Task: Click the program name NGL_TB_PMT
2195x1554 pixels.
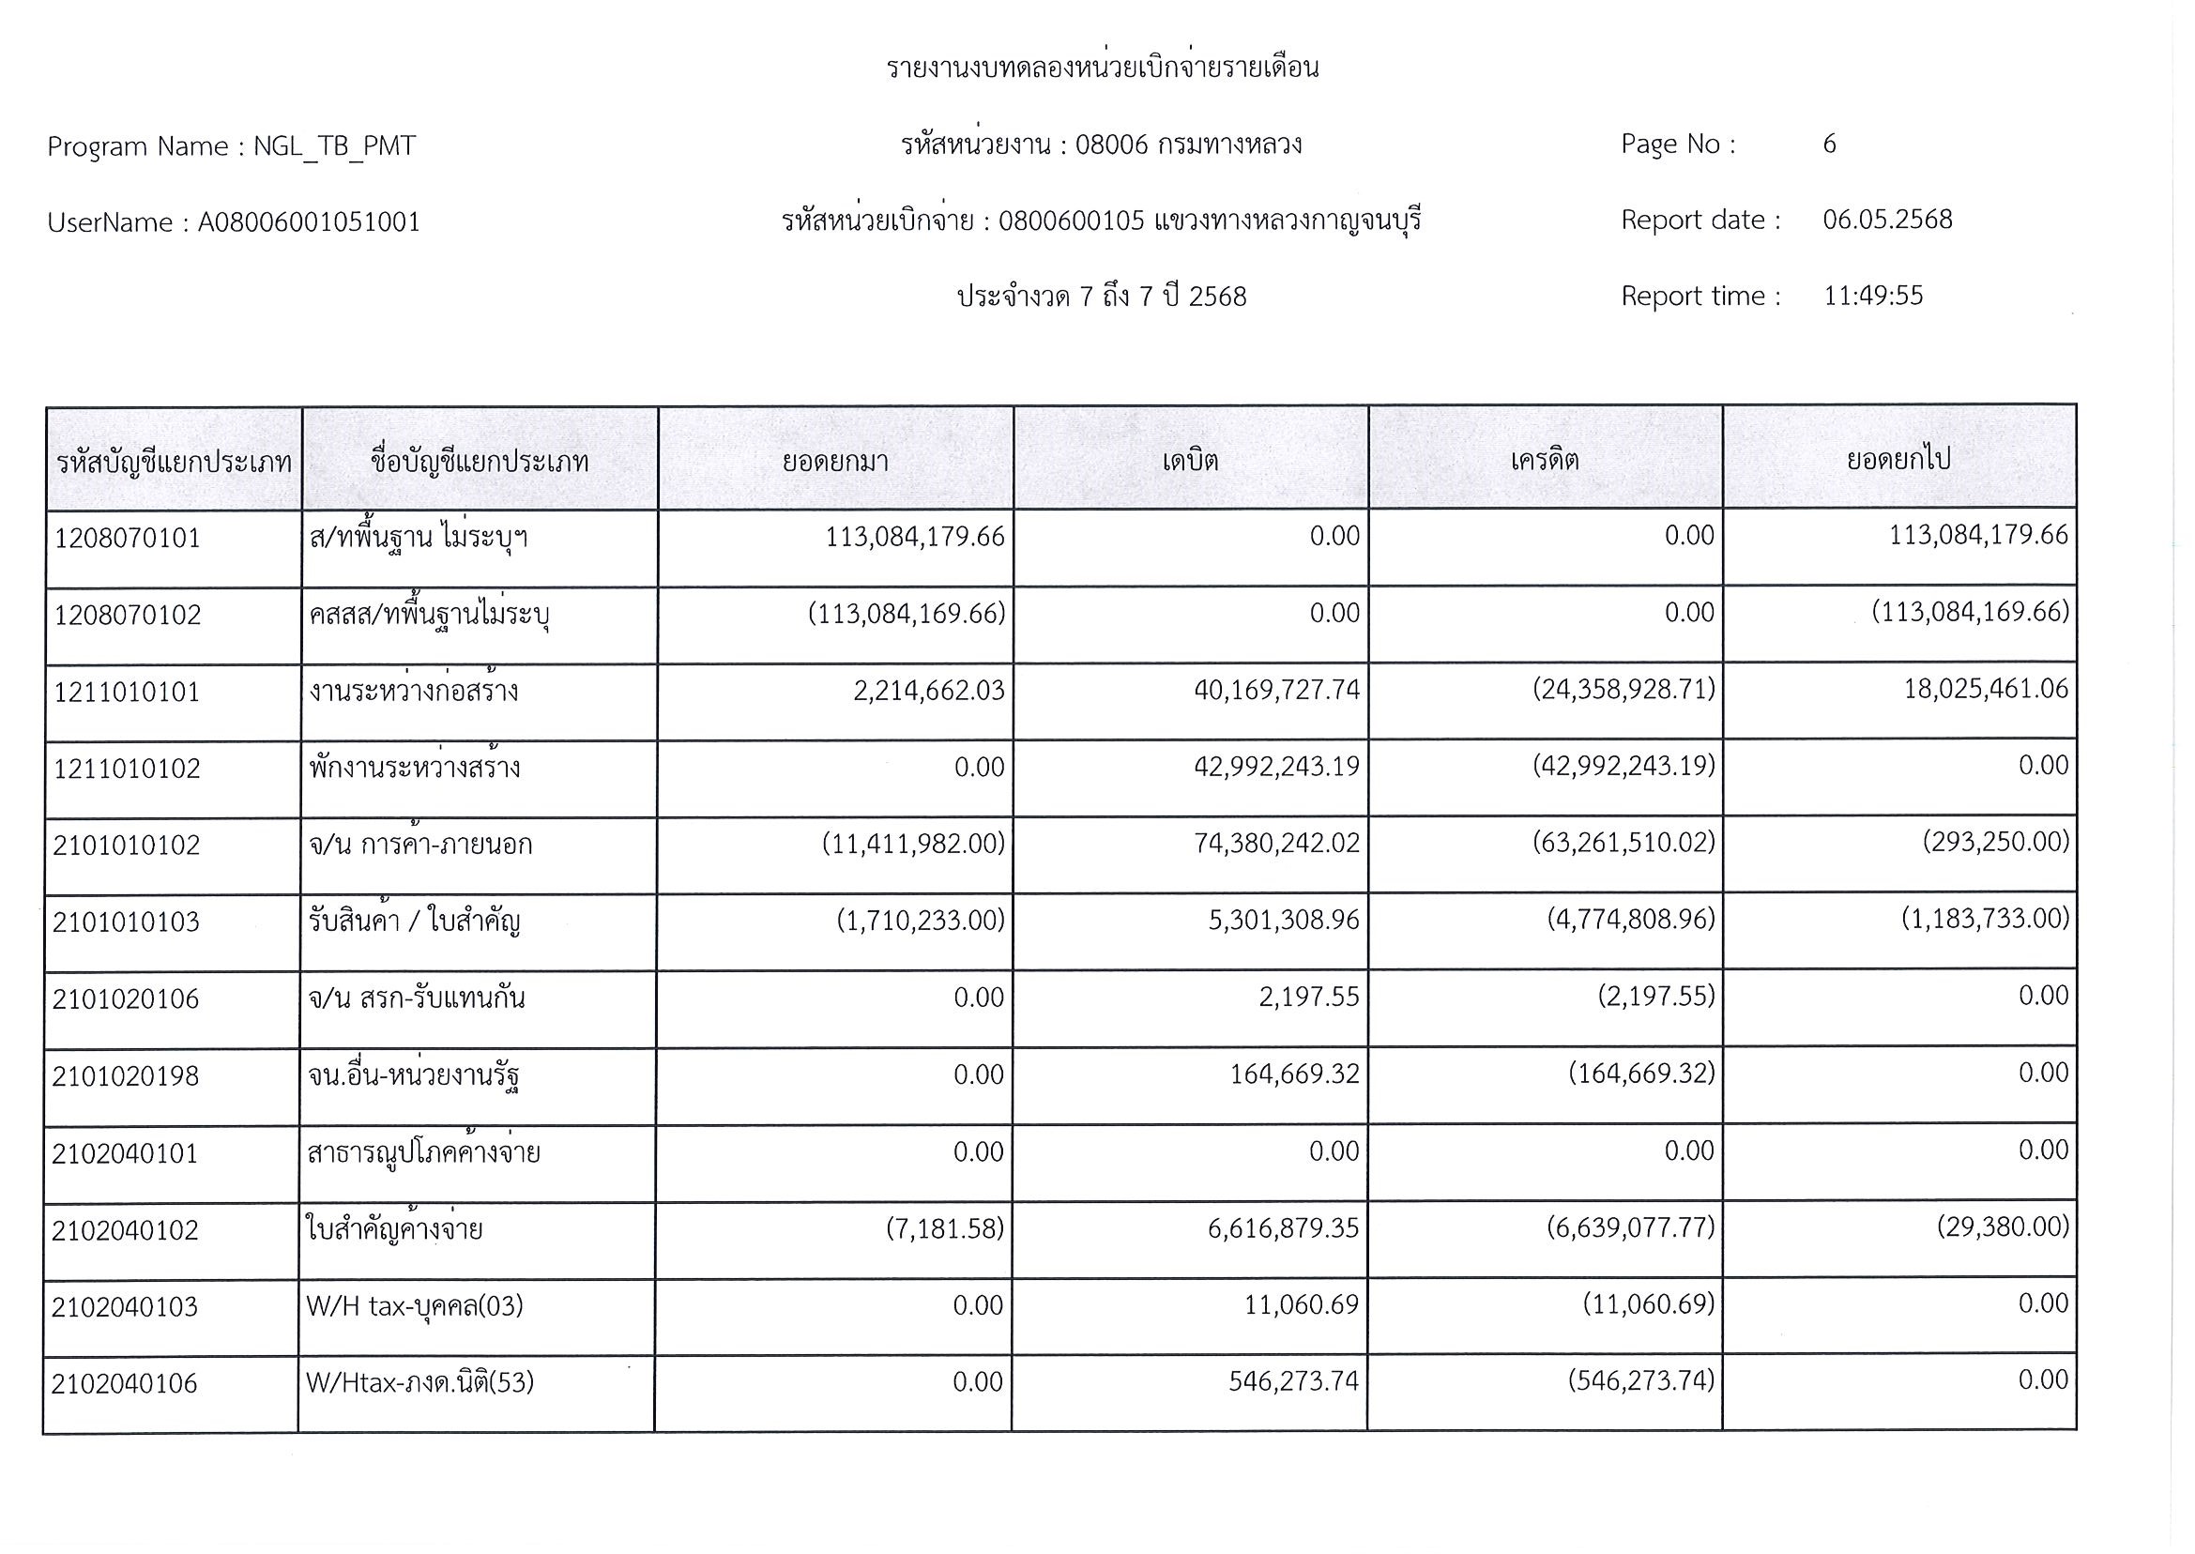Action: [334, 146]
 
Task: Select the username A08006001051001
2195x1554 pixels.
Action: [308, 222]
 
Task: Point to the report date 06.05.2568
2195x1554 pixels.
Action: [1887, 220]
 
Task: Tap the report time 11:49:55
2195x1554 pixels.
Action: [1872, 296]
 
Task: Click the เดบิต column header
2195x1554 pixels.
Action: [1190, 460]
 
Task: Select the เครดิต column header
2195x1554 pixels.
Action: [1545, 460]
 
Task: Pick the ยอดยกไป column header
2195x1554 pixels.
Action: [1898, 459]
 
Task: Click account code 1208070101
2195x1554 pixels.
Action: [128, 538]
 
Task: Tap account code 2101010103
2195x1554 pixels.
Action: [127, 922]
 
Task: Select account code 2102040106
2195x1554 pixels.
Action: [125, 1382]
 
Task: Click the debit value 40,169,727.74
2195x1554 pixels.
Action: [1276, 689]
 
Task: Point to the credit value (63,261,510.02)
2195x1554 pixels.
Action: [1623, 842]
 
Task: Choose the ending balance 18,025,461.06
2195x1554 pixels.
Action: [1986, 688]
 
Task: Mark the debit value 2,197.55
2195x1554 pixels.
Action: [1309, 998]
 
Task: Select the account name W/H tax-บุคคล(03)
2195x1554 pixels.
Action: [414, 1305]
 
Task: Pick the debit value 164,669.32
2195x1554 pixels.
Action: [1294, 1074]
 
